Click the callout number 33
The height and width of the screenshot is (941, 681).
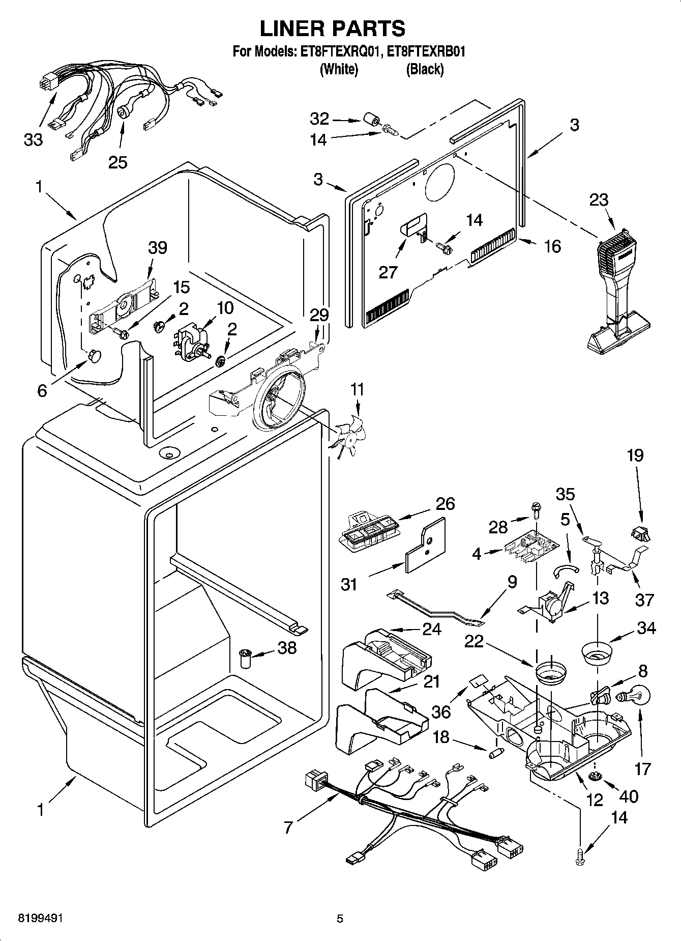[34, 139]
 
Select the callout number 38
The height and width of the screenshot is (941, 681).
[287, 648]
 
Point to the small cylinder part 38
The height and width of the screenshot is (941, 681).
[247, 660]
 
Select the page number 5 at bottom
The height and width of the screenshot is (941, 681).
[340, 919]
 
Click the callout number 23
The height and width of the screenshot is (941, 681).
[598, 200]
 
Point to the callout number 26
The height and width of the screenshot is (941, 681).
[445, 503]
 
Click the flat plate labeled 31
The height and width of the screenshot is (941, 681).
[425, 546]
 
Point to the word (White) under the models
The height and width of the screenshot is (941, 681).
[339, 69]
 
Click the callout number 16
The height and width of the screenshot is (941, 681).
[552, 246]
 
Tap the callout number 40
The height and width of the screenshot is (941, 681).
[629, 796]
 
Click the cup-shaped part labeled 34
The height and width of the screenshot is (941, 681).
[596, 653]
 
